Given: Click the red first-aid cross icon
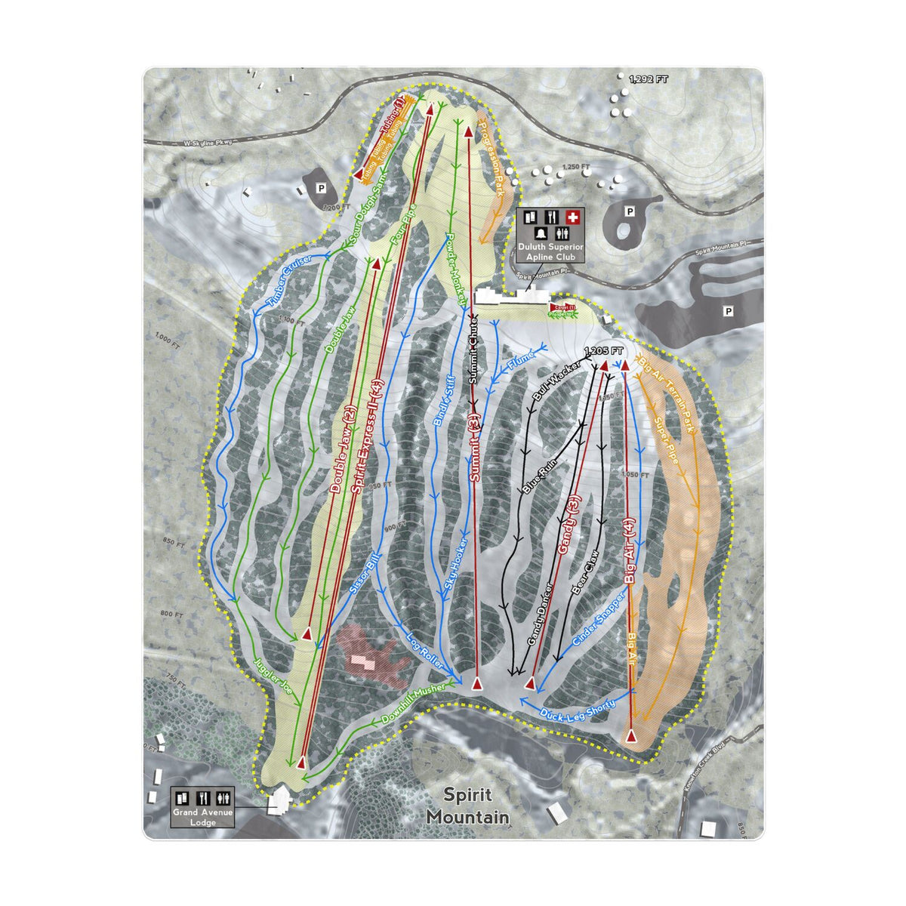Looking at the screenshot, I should pyautogui.click(x=573, y=217).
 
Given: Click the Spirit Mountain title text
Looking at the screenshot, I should pyautogui.click(x=467, y=806).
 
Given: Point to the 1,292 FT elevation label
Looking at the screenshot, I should pyautogui.click(x=649, y=79).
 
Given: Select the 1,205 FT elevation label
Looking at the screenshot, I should pyautogui.click(x=604, y=351).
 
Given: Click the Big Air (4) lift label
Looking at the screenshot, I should pyautogui.click(x=631, y=550).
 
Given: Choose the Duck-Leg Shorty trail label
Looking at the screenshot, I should pyautogui.click(x=578, y=708).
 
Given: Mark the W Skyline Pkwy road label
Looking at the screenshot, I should pyautogui.click(x=208, y=141).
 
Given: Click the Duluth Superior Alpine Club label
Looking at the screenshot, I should pyautogui.click(x=551, y=251).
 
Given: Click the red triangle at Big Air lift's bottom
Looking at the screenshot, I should pyautogui.click(x=631, y=734).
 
